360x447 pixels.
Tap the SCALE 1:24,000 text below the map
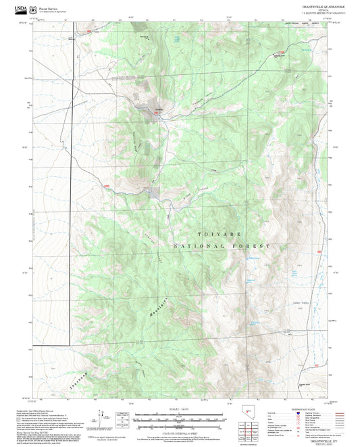[180, 408]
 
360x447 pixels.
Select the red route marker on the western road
[107, 185]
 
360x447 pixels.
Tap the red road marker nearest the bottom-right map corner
[317, 365]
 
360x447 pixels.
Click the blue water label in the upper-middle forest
[178, 42]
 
